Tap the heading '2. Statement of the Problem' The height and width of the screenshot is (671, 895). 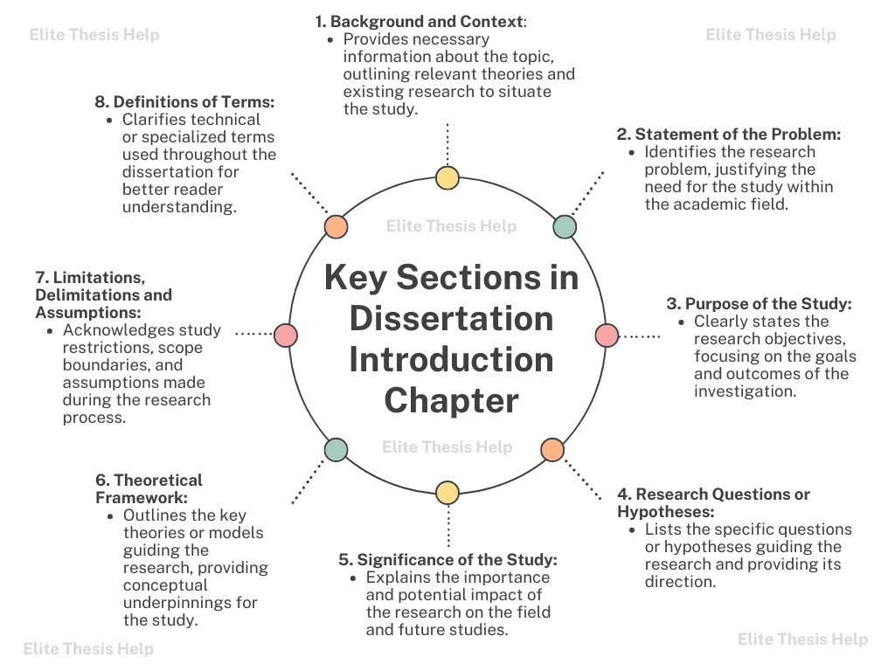(x=729, y=135)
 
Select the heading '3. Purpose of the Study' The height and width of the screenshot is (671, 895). (x=759, y=304)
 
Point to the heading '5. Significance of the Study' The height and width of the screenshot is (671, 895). (x=447, y=560)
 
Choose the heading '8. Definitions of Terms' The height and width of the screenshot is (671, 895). (x=184, y=102)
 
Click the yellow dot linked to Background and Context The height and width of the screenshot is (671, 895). (x=447, y=178)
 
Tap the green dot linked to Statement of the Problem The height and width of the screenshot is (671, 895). (x=565, y=227)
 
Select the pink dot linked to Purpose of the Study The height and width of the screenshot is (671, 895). (x=607, y=335)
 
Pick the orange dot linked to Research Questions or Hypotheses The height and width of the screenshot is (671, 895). (x=552, y=450)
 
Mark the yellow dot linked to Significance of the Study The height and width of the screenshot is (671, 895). (x=447, y=493)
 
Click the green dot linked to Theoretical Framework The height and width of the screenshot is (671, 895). (x=336, y=450)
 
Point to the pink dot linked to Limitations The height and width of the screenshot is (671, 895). (x=286, y=335)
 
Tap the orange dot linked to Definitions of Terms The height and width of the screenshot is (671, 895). (x=336, y=227)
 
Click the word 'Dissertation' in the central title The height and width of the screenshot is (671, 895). (x=451, y=319)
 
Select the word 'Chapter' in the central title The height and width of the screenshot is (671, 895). (x=451, y=401)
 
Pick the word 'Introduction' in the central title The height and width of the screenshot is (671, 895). (x=451, y=360)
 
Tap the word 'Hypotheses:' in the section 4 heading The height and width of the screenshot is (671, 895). (x=666, y=512)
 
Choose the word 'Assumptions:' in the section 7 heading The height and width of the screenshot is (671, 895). (x=90, y=312)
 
